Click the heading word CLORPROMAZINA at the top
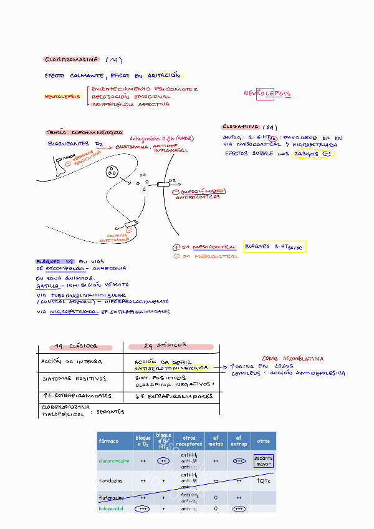point(71,60)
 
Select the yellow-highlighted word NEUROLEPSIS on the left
point(62,97)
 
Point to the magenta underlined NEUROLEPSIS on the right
point(267,94)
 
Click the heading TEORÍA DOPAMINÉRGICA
point(75,132)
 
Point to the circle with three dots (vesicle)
point(112,172)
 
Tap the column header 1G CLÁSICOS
point(75,346)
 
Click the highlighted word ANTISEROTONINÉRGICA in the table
point(171,368)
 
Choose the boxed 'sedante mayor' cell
point(263,461)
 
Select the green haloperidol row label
point(112,508)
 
